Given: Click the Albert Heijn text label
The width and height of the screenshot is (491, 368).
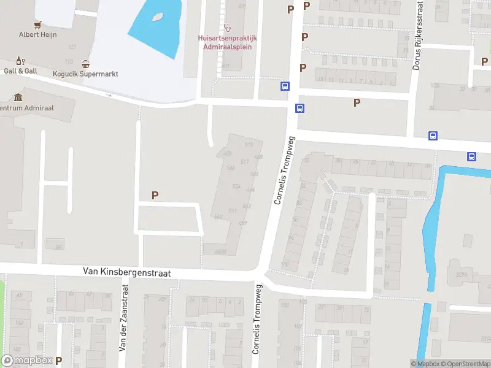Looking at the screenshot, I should pos(37,34).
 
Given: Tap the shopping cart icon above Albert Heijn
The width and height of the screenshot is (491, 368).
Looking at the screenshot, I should pos(38,25).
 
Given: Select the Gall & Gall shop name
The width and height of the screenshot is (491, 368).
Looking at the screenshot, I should pos(20,71).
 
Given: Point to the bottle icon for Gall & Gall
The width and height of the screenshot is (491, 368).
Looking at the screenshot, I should pos(20,61).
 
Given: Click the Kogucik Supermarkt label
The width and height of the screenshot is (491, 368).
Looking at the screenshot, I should pos(85,74).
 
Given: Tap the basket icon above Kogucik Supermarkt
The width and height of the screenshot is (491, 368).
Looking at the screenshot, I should pos(85,64).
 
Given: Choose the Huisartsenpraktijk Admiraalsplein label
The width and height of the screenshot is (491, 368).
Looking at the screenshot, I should pos(228,41).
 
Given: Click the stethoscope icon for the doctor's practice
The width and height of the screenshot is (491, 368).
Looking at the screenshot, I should pos(228,28).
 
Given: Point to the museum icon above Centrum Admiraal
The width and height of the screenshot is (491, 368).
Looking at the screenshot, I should pos(18,98).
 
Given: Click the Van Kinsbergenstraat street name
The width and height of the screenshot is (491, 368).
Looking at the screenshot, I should pos(127,272).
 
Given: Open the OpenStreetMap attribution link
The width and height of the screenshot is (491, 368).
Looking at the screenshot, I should pos(465,364).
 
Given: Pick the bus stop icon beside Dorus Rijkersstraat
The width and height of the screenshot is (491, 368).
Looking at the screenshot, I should pos(433,136).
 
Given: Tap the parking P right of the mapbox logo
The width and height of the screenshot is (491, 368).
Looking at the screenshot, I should pos(59,361).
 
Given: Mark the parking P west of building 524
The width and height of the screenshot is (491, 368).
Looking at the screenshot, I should pos(155,195).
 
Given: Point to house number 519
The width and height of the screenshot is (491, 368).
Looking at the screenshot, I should pos(249,145).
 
